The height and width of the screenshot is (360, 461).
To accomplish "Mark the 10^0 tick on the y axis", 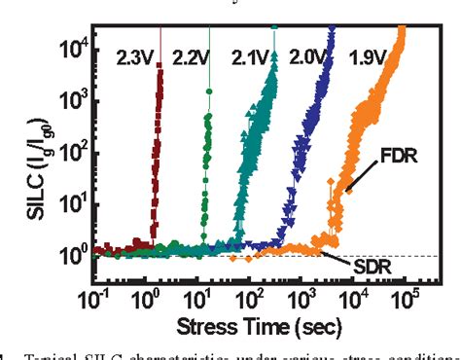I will click(77, 256).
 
